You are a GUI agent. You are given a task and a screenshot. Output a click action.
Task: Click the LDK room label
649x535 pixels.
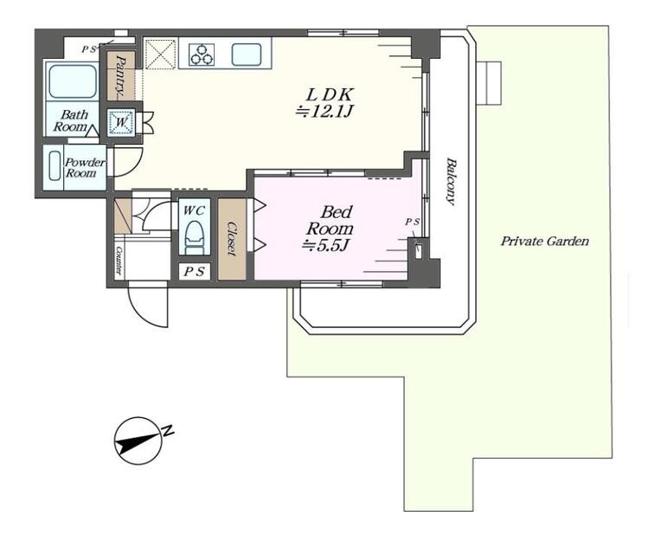(x=329, y=95)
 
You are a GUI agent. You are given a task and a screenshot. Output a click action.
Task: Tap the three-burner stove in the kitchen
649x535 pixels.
(x=202, y=55)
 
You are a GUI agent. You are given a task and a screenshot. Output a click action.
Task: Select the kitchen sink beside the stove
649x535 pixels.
(x=247, y=55)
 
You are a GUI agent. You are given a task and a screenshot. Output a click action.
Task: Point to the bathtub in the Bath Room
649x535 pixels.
(x=73, y=81)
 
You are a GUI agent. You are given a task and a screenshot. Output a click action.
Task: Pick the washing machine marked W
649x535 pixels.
(x=121, y=123)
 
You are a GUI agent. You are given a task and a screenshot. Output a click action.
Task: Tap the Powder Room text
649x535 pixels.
(x=85, y=168)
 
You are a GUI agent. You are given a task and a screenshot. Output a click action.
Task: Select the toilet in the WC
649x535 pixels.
(x=195, y=238)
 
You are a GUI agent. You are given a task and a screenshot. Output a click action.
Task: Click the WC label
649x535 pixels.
(x=194, y=210)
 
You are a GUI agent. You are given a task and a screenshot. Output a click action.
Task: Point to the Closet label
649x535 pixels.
(x=232, y=239)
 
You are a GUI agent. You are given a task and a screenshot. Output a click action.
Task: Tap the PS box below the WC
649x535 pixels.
(x=194, y=272)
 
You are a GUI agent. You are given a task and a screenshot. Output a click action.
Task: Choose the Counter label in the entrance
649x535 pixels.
(x=119, y=261)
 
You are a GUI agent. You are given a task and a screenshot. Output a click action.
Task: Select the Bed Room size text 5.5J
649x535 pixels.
(x=327, y=246)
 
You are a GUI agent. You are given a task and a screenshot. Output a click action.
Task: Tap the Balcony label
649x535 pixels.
(x=451, y=181)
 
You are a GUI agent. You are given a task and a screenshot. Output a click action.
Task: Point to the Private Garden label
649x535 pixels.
(x=544, y=241)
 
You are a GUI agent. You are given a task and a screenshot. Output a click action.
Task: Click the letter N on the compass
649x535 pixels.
(x=168, y=430)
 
